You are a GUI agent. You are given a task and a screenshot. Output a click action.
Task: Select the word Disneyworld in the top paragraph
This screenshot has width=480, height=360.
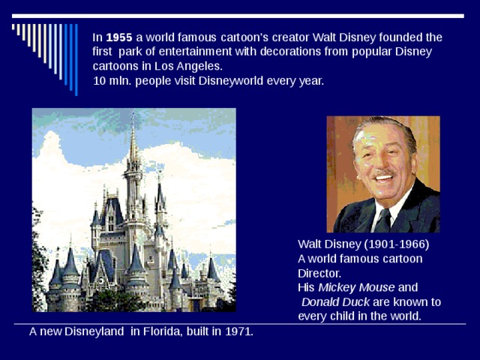[x=229, y=81]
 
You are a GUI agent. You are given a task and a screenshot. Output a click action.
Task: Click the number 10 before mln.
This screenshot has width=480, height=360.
[x=99, y=81]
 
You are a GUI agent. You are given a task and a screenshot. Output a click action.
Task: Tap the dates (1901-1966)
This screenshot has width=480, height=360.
[x=396, y=244]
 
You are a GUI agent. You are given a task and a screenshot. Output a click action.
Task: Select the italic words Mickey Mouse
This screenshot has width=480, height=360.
[x=356, y=287]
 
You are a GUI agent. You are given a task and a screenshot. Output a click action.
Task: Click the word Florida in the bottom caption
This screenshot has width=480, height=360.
[x=161, y=331]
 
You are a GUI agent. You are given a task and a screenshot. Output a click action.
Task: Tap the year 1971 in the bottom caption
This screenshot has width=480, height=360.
[x=238, y=331]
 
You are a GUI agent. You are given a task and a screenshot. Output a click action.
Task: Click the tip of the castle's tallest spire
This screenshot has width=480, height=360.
[x=133, y=114]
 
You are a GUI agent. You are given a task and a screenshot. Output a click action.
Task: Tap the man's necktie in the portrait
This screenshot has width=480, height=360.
[x=384, y=220]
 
